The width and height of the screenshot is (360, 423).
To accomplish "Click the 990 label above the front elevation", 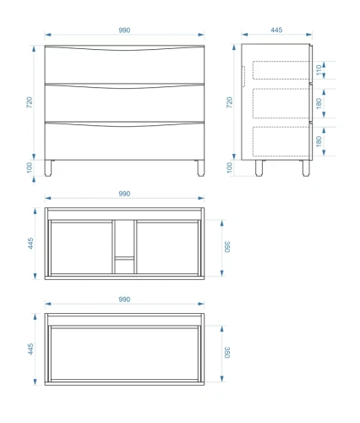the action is tap(124, 30).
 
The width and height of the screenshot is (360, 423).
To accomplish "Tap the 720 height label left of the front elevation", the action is tap(30, 102).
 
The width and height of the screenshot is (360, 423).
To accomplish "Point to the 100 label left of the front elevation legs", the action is tap(30, 168).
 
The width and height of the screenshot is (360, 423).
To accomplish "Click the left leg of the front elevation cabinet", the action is tap(48, 168).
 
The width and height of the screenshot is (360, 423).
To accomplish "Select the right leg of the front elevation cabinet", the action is tap(200, 168).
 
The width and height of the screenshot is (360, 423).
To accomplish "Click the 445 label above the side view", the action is tap(276, 30).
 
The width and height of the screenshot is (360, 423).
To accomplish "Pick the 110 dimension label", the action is tap(319, 70).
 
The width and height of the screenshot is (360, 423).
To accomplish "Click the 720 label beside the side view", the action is tap(230, 102).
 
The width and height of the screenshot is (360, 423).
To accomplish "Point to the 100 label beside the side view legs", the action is tap(230, 168).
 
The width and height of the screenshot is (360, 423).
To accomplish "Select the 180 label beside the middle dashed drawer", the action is tap(319, 103).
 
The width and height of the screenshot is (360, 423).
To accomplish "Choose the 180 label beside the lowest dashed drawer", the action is tap(319, 141).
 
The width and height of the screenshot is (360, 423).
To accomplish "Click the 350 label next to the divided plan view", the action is tap(227, 247).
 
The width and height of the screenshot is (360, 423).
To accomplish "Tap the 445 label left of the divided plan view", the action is tap(30, 244).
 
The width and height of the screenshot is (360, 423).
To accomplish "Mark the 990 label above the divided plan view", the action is tap(124, 194).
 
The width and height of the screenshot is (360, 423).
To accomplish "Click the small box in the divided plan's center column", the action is tap(124, 266).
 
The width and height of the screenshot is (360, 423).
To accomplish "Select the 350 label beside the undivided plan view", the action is tap(227, 353).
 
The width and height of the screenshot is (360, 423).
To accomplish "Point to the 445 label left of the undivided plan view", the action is tap(30, 349).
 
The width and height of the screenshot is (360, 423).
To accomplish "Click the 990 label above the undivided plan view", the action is tap(124, 299).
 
